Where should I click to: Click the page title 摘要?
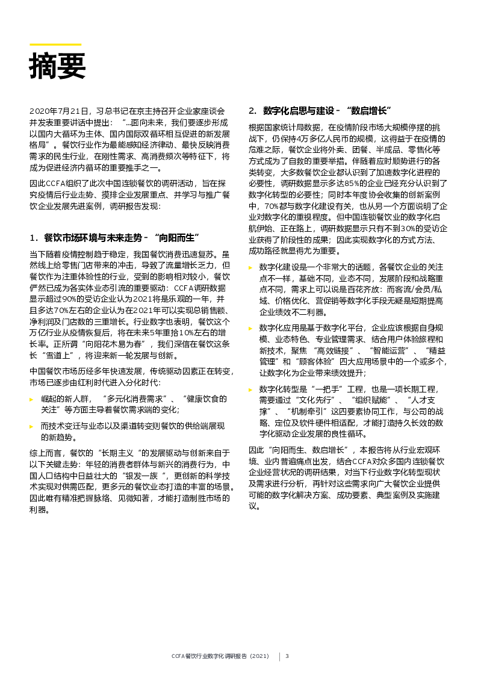click(x=57, y=66)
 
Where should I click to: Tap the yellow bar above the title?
click(x=55, y=44)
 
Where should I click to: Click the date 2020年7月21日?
click(x=59, y=111)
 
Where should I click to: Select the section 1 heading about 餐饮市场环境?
click(x=114, y=237)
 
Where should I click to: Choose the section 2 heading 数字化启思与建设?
click(x=320, y=111)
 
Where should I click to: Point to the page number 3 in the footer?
click(x=287, y=656)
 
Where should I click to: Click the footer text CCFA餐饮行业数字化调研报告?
click(x=223, y=656)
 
